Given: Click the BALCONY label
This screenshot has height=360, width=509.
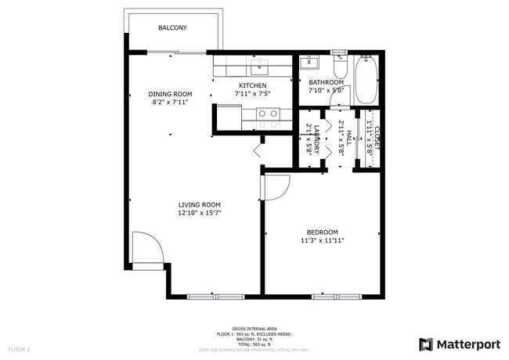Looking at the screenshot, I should [171, 27].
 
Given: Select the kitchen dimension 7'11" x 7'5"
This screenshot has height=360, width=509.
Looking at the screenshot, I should [252, 94].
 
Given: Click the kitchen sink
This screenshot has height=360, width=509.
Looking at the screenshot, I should [259, 64].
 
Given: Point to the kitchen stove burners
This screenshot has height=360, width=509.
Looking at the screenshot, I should [268, 118].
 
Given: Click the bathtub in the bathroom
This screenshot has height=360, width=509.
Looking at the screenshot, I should [366, 81].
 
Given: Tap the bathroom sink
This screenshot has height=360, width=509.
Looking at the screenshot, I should [310, 63].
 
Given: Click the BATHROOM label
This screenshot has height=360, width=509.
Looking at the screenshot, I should [326, 82].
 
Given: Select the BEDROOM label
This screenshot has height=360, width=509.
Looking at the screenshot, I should [322, 232].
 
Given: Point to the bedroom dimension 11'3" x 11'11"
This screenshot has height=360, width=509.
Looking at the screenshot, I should [322, 240].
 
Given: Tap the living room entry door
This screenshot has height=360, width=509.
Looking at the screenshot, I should [147, 249].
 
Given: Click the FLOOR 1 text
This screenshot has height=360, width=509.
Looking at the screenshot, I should [19, 348].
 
